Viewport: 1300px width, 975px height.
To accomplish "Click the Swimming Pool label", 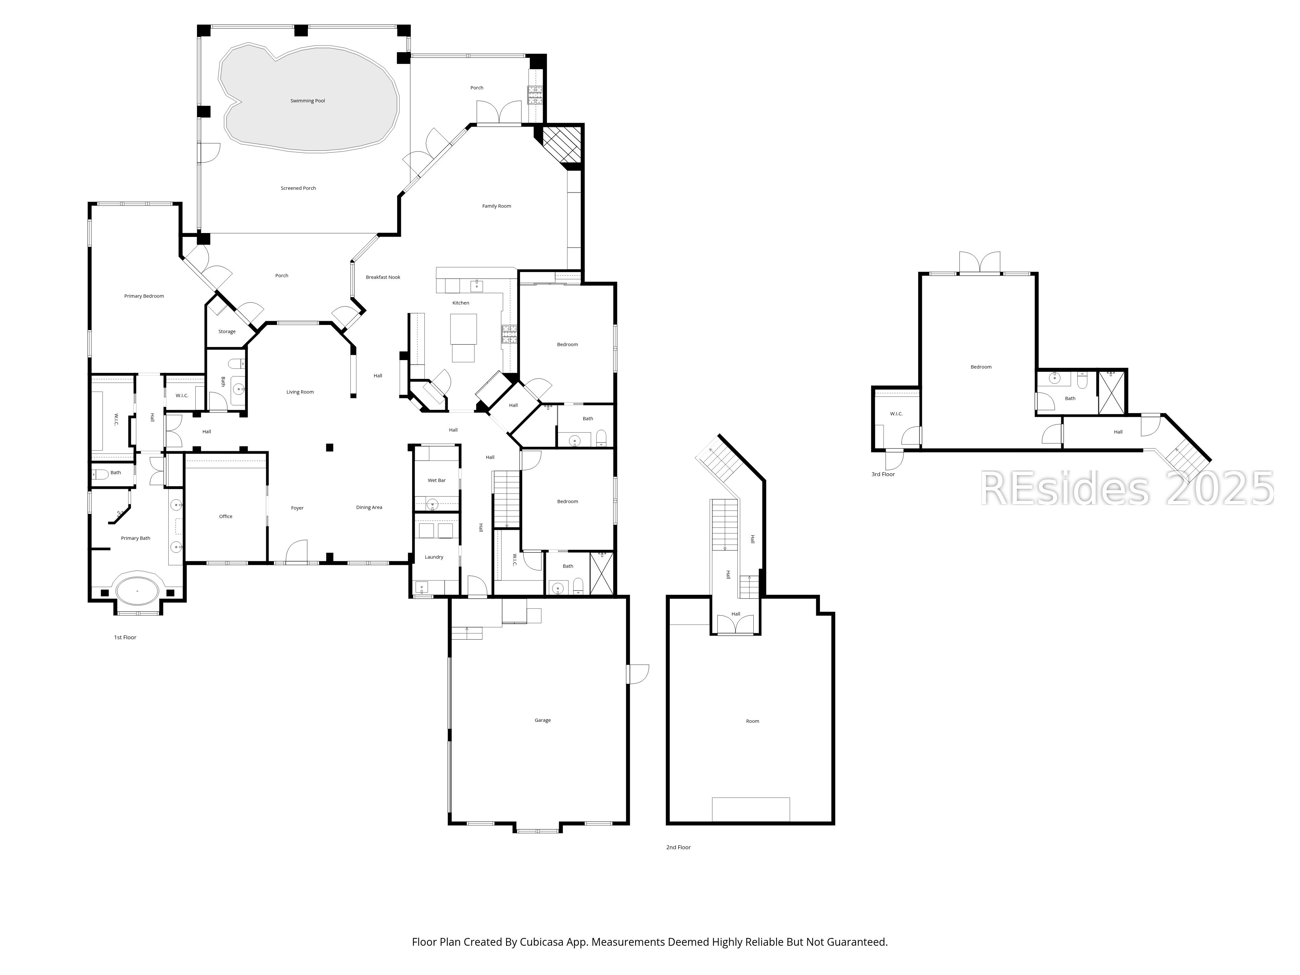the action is click(307, 100).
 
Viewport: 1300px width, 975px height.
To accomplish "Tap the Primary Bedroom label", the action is click(144, 296).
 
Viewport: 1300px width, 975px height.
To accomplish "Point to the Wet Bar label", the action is click(437, 480).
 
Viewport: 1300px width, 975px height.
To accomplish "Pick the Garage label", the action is click(542, 720).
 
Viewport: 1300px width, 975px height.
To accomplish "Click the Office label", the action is click(226, 517).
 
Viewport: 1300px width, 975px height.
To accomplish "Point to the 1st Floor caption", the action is click(125, 637).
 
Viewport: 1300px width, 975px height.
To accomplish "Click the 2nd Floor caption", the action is click(678, 848).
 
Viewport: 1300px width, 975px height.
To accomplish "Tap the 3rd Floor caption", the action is click(883, 474).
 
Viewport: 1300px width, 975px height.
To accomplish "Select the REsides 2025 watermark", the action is click(1127, 488).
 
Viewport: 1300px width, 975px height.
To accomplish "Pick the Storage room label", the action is click(227, 331).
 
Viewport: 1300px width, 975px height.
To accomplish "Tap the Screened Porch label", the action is click(299, 188).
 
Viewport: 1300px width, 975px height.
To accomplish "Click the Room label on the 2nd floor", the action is click(753, 721).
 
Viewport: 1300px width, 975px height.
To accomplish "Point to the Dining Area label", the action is click(369, 507).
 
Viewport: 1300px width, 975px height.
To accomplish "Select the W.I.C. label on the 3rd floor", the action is click(896, 414).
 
